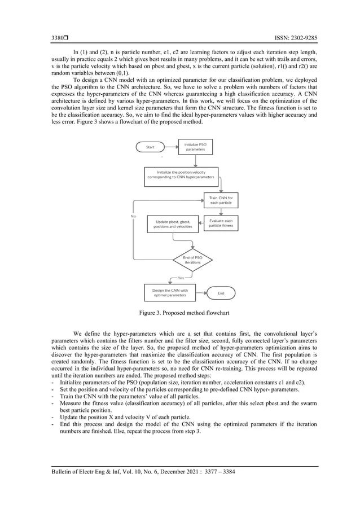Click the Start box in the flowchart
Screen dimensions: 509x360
point(150,147)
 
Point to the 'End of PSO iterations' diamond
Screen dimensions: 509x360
point(192,259)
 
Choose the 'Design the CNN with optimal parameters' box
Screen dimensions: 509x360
point(170,292)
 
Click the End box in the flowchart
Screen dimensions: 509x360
point(221,293)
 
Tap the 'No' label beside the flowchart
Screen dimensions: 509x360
point(133,216)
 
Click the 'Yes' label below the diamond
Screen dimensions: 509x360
point(181,278)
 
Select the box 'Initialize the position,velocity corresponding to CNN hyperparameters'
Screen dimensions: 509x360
point(181,174)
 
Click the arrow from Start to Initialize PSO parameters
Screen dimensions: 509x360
point(169,147)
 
